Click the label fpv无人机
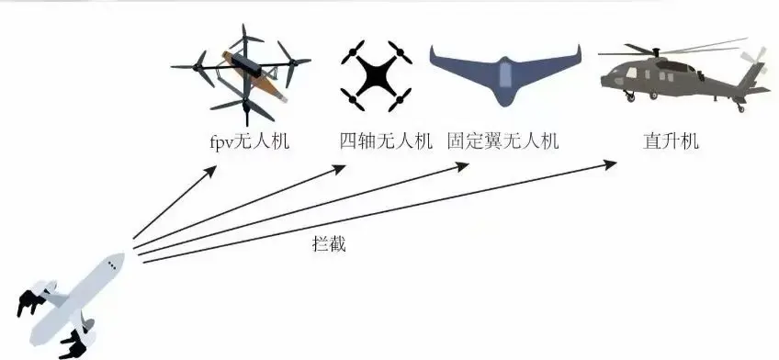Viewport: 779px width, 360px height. point(249,141)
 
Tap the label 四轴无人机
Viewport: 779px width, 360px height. point(386,141)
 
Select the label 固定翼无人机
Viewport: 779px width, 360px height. point(503,141)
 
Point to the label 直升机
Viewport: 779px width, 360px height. point(671,141)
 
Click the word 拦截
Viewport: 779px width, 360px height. point(329,243)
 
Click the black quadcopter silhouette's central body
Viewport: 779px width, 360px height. point(376,75)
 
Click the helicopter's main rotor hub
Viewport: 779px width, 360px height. point(655,51)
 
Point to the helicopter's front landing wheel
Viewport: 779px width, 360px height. point(630,97)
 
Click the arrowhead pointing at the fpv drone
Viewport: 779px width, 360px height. point(210,172)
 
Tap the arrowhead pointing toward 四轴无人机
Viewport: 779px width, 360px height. point(339,169)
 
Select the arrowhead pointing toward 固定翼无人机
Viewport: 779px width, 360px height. point(462,167)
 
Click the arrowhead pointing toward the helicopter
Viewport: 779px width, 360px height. point(610,165)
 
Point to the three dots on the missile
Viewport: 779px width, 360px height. point(112,266)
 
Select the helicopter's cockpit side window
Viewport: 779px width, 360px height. point(631,73)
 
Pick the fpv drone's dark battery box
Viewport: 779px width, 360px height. point(246,65)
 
